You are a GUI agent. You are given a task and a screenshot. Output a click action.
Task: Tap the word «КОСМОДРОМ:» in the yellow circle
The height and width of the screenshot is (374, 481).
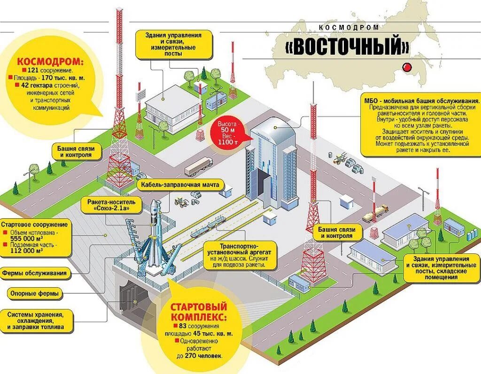(x=50, y=61)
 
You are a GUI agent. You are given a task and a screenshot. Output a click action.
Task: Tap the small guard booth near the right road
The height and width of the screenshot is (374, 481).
(x=347, y=202)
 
